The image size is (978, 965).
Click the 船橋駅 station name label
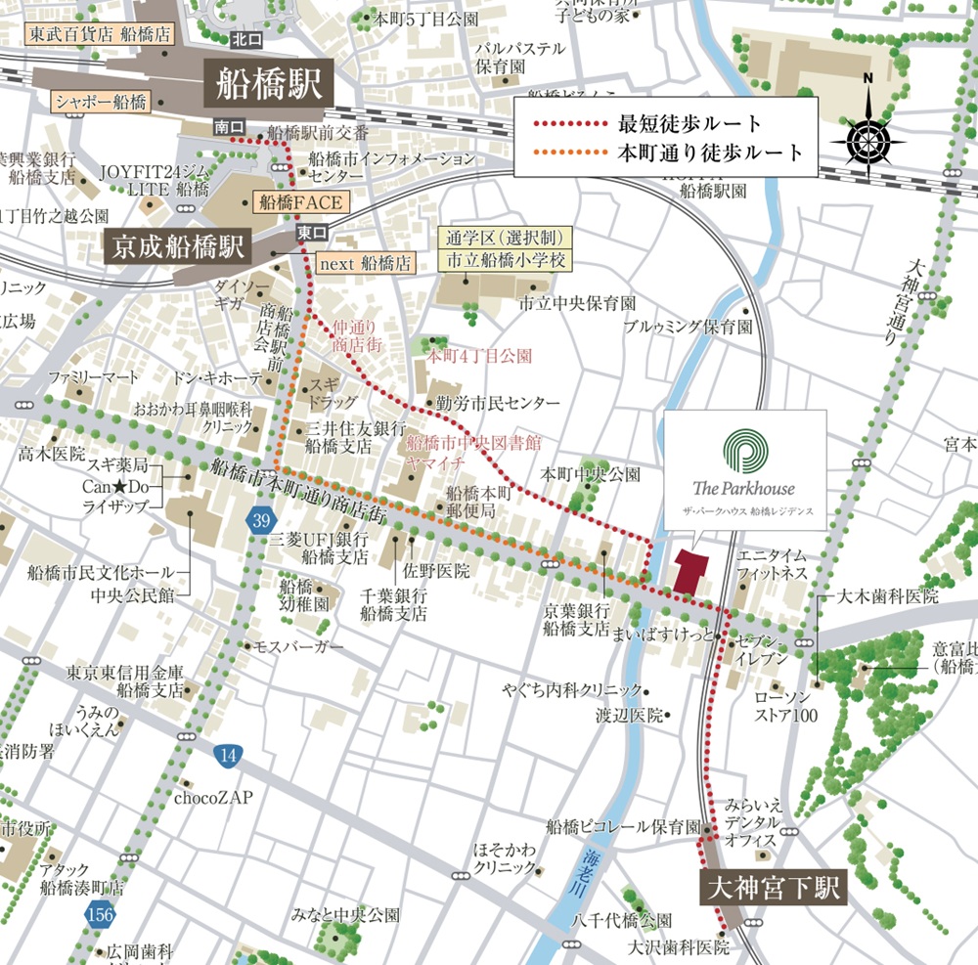(268, 85)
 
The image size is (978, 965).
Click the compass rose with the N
(866, 136)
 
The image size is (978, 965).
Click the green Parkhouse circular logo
(745, 452)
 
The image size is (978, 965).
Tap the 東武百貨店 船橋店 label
(99, 32)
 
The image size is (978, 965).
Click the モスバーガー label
(299, 647)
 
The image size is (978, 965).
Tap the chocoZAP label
(213, 798)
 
